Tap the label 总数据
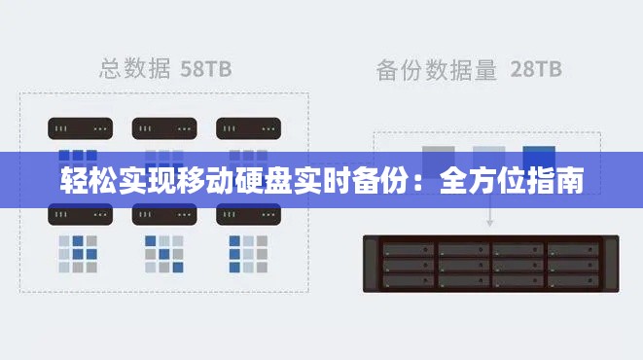point(136,68)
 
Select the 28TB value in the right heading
point(535,69)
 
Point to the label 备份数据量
point(437,69)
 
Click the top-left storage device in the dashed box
point(80,127)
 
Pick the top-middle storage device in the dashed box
point(163,127)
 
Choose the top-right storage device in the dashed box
point(248,127)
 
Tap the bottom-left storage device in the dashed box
point(80,214)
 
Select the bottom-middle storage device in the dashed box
point(163,214)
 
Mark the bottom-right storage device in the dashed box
point(248,214)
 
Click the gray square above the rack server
point(439,156)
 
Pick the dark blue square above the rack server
point(538,156)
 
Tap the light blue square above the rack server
point(488,156)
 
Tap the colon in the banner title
point(421,182)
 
